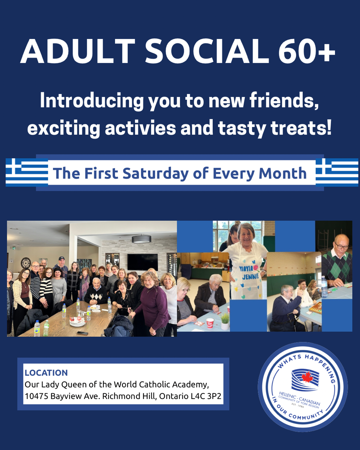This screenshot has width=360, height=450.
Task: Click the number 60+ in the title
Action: coord(307,51)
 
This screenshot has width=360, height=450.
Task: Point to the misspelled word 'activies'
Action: coord(140,128)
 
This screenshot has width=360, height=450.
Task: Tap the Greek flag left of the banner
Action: coord(27,172)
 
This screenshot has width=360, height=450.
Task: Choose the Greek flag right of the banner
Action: coord(337,172)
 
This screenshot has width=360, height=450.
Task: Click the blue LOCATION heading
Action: coord(46,373)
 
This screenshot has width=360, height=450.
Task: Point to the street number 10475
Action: coord(37,396)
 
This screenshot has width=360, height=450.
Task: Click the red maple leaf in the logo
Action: coord(307,377)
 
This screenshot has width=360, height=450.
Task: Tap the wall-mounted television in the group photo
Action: coord(143,262)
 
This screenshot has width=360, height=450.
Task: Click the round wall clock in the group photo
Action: coord(26,263)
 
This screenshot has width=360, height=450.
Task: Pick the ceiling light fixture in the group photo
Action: coord(141,239)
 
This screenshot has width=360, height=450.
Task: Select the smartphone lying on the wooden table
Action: coord(82,333)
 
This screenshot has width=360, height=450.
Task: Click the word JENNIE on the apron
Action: coord(250,277)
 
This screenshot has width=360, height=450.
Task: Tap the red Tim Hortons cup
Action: coord(210,323)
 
